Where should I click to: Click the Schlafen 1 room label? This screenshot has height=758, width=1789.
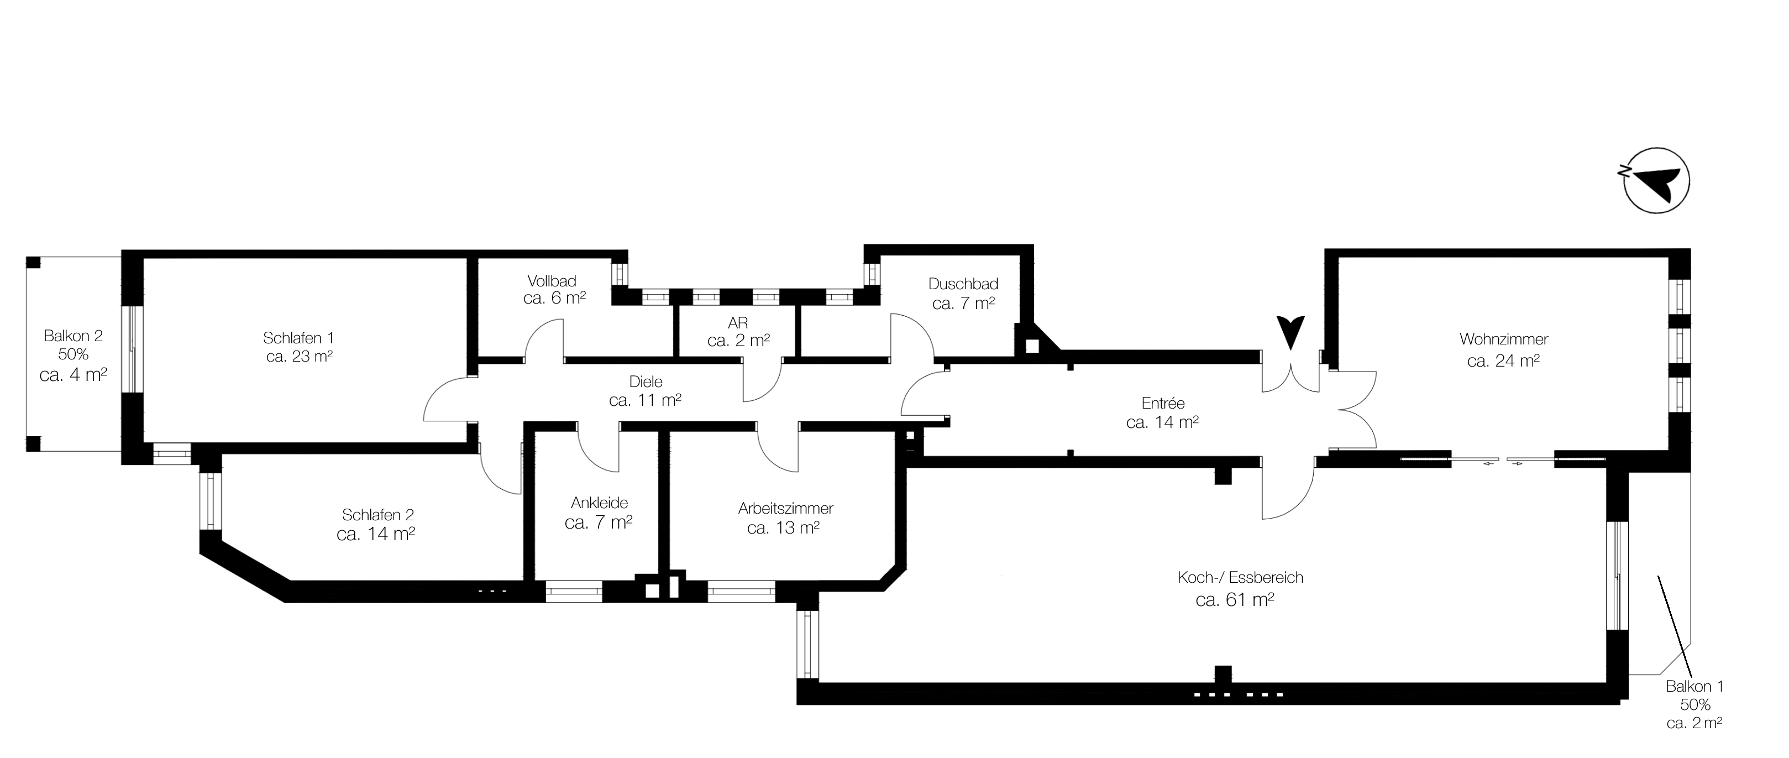(x=298, y=338)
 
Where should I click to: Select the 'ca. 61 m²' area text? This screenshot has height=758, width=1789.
(x=1235, y=599)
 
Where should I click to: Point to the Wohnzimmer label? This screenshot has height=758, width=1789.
(x=1504, y=339)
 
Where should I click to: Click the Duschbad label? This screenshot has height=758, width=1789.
(x=963, y=284)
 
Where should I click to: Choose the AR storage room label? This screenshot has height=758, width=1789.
(x=738, y=323)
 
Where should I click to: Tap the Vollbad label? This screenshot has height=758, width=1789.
(x=552, y=281)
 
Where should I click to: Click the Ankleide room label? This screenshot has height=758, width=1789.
(x=599, y=503)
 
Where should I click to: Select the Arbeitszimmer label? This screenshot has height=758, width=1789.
(x=785, y=509)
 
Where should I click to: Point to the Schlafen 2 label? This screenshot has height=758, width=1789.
(x=378, y=515)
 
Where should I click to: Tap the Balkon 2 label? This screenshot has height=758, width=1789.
(x=73, y=336)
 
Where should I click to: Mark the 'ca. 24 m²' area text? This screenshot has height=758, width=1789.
(x=1504, y=361)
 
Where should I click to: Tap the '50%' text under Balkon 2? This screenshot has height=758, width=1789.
(x=73, y=354)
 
